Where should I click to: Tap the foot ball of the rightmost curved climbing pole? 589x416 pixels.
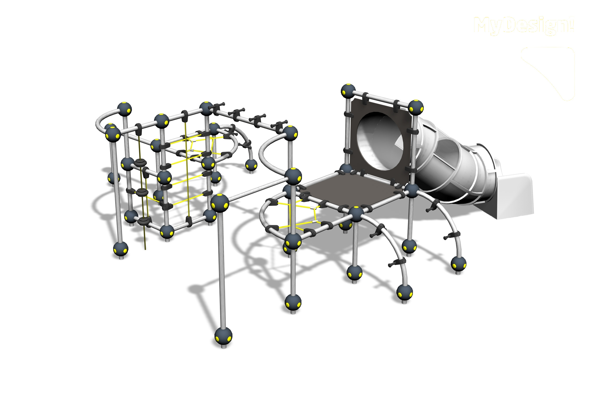(x=458, y=263)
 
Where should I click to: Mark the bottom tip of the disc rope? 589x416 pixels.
(x=145, y=249)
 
